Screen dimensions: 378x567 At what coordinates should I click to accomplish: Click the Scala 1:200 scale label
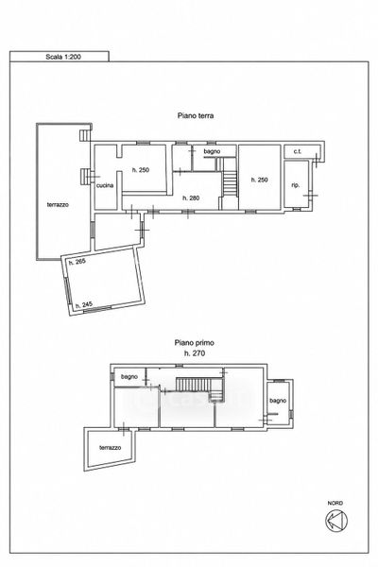(x=63, y=57)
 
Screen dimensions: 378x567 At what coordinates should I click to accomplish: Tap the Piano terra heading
(x=196, y=115)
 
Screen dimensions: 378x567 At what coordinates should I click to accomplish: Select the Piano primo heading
(x=195, y=342)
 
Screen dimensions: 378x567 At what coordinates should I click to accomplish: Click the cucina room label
(x=105, y=185)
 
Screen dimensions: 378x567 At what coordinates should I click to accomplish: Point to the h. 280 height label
(x=191, y=198)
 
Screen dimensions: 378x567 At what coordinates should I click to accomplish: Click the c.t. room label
(x=298, y=151)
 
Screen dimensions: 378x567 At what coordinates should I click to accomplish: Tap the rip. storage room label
(x=296, y=185)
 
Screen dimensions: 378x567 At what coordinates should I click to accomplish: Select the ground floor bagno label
(x=212, y=151)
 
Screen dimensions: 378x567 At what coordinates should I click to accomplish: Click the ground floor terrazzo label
(x=58, y=205)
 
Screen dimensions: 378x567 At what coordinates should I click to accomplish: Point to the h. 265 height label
(x=77, y=262)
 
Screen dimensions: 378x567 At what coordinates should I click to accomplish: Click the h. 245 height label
(x=84, y=305)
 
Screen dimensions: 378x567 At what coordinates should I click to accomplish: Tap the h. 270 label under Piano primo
(x=195, y=353)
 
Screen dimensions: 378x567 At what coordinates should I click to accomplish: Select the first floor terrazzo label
(x=111, y=448)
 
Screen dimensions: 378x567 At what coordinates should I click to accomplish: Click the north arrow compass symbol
(x=336, y=521)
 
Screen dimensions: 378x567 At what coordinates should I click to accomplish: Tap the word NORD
(x=335, y=503)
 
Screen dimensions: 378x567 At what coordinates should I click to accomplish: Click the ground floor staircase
(x=230, y=178)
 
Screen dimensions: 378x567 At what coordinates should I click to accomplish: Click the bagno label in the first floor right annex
(x=278, y=401)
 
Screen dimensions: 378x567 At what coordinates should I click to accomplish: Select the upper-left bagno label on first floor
(x=129, y=377)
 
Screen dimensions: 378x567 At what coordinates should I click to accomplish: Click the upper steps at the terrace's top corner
(x=84, y=135)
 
